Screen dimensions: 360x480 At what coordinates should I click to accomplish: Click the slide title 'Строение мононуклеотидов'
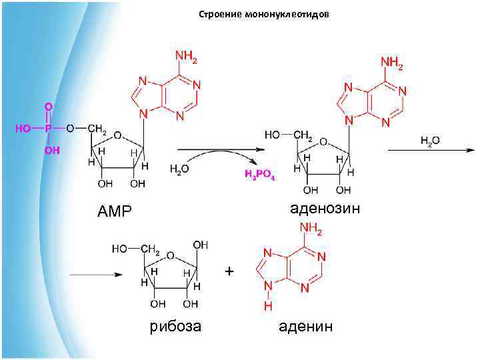tap(263, 15)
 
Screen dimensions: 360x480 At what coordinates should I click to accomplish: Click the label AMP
tap(115, 211)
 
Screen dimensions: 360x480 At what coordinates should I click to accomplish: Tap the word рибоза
tap(175, 327)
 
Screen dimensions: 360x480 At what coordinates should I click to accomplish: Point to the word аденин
tap(306, 327)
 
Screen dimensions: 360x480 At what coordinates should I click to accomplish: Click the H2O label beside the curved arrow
tap(179, 170)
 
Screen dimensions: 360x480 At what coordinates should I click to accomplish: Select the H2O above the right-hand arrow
tap(429, 142)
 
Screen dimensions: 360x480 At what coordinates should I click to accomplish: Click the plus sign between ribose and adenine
tap(229, 272)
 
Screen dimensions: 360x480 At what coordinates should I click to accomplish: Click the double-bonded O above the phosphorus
tap(47, 107)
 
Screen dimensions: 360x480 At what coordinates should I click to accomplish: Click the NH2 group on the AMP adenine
tap(185, 57)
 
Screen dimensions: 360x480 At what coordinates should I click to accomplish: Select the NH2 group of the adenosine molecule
tap(392, 63)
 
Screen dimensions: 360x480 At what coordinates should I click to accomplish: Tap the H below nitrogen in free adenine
tap(267, 307)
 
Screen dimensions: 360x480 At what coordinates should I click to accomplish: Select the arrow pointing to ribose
tap(96, 273)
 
